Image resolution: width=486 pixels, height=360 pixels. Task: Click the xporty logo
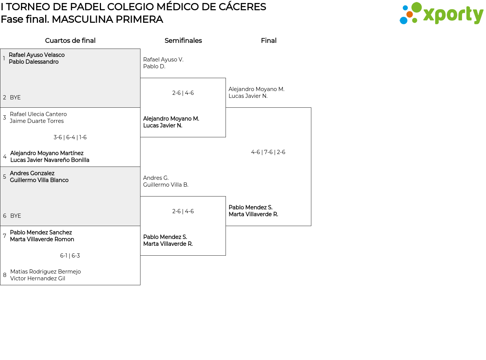pos(441,14)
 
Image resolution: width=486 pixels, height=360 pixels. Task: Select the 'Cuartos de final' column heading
pos(70,41)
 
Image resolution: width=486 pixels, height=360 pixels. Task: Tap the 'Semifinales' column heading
pos(183,41)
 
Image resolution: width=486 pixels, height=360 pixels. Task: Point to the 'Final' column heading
pos(268,41)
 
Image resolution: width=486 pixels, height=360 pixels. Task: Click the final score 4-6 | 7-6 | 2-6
pos(268,152)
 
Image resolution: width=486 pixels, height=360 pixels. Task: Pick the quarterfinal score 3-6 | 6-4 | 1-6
pos(70,137)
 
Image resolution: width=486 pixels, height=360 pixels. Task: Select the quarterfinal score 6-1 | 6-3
pos(70,256)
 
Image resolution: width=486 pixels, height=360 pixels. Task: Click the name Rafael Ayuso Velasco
pos(36,55)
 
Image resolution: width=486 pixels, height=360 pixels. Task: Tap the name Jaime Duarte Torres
pos(37,121)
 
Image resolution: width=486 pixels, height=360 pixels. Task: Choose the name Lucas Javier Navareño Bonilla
pos(50,160)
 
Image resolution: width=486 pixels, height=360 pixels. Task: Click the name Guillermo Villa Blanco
pos(39,180)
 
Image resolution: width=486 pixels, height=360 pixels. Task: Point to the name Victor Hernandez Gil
pos(38,278)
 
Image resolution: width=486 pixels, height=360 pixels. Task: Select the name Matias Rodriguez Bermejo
pos(46,272)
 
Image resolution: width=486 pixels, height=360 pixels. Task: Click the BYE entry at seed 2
pos(15,97)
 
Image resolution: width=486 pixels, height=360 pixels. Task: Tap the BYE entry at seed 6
pos(16,216)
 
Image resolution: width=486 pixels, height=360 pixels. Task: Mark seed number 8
pos(5,275)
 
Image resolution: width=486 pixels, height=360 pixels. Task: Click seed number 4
pos(5,157)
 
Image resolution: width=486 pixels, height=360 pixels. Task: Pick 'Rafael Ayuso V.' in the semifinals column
pos(163,60)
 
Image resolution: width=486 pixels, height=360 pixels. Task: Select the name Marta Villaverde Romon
pos(42,239)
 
